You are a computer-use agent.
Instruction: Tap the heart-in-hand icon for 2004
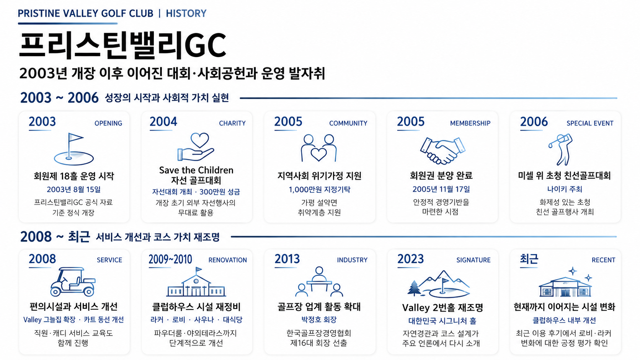196,147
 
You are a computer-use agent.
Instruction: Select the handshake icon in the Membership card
442,150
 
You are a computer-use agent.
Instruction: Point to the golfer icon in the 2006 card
560,149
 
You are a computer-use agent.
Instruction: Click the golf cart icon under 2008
73,282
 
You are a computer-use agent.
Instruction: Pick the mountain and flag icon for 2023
439,283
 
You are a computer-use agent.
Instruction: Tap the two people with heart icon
318,148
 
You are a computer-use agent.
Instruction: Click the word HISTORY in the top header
186,13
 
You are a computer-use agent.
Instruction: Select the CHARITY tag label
232,123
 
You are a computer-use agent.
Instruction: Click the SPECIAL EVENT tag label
590,123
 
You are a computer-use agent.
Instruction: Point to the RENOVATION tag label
228,260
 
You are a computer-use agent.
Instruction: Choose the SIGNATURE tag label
473,260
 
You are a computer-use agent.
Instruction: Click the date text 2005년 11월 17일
441,189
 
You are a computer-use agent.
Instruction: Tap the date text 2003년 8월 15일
74,189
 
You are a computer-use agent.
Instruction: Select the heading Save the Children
196,170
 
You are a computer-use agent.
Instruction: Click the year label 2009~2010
170,259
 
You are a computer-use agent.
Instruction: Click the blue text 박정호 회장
319,320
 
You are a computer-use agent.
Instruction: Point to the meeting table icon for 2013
319,282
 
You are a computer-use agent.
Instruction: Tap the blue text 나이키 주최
565,189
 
